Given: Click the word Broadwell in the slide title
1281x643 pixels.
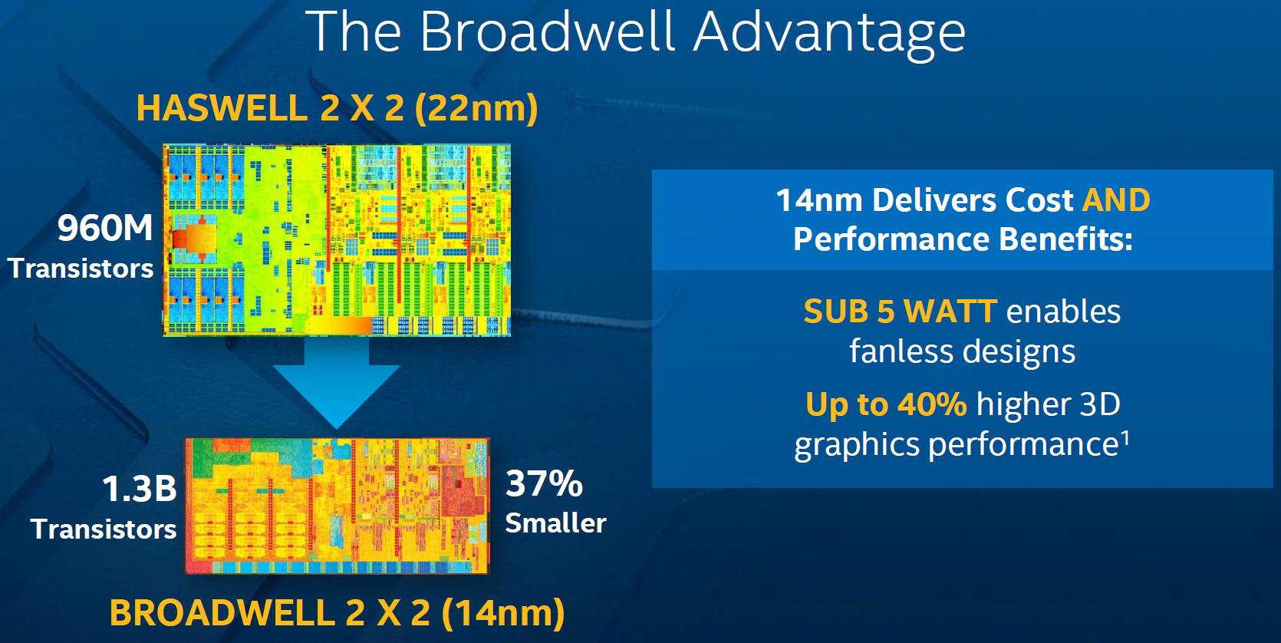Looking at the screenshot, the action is [x=548, y=31].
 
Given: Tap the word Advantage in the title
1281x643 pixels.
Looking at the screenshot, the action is [x=830, y=35].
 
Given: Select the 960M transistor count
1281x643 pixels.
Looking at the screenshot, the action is [x=105, y=228].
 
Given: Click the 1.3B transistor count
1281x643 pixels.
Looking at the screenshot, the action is [x=140, y=489].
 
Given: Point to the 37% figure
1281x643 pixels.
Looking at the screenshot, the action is [x=544, y=483].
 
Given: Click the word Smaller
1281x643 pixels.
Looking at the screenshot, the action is [x=555, y=523].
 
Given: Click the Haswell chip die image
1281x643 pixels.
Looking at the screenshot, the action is [x=337, y=239].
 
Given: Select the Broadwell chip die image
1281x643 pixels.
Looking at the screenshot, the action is [x=338, y=506].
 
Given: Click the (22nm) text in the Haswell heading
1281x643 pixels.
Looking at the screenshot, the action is [x=476, y=109].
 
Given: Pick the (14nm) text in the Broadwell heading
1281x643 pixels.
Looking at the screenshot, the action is [x=503, y=613].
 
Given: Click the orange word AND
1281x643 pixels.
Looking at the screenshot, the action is [x=1116, y=200].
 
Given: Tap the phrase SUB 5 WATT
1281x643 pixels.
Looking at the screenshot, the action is [x=901, y=312].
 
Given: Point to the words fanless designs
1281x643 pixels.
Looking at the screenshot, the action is [x=963, y=351].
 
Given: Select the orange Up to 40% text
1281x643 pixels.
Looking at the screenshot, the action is [x=886, y=404].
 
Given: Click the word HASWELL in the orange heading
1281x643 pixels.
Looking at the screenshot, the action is [x=222, y=108].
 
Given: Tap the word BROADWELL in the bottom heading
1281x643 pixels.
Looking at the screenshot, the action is [x=222, y=612].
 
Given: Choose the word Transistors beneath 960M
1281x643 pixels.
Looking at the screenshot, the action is [x=81, y=269].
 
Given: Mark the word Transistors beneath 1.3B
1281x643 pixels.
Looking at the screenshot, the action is [x=104, y=529].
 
